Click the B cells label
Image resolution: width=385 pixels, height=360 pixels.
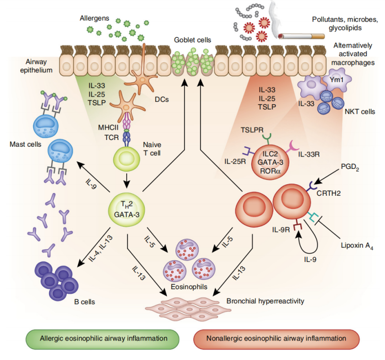(82, 300)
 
